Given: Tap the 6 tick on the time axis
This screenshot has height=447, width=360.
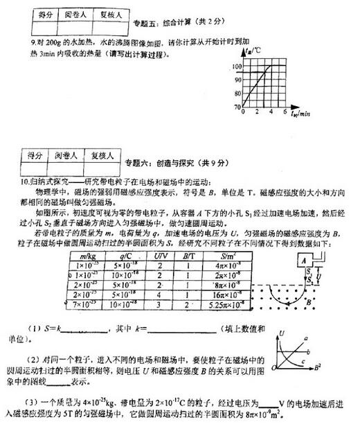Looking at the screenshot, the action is pos(286,112).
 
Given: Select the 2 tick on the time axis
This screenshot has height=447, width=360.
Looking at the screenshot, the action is pos(256,112).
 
